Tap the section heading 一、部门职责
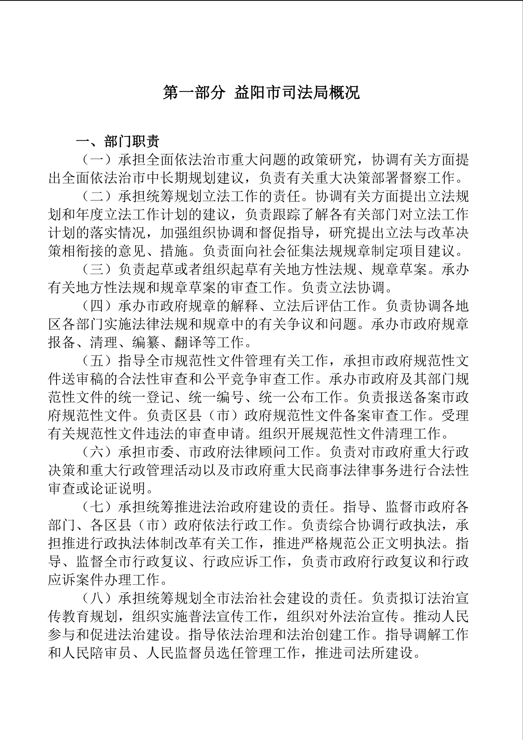click(118, 141)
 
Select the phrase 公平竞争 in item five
click(230, 379)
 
